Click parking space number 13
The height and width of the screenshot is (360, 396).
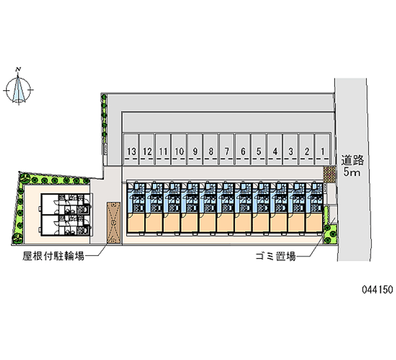pyautogui.click(x=131, y=149)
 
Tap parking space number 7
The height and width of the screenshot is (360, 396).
pyautogui.click(x=227, y=149)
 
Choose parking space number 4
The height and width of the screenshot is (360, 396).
pyautogui.click(x=275, y=149)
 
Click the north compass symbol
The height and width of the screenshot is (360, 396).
pyautogui.click(x=18, y=90)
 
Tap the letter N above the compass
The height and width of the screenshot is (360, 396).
pyautogui.click(x=18, y=69)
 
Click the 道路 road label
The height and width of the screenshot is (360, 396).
pyautogui.click(x=352, y=160)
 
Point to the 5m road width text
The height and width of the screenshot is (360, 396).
pyautogui.click(x=351, y=172)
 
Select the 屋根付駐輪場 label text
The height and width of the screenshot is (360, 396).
pyautogui.click(x=53, y=256)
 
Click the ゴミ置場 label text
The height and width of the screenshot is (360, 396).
pyautogui.click(x=275, y=257)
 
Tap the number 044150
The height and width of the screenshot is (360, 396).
pyautogui.click(x=377, y=290)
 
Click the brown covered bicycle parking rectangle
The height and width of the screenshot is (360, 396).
pyautogui.click(x=113, y=222)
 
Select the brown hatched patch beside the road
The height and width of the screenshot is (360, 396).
pyautogui.click(x=329, y=174)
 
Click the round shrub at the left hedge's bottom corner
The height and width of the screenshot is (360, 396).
pyautogui.click(x=17, y=238)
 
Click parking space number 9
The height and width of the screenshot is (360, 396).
pyautogui.click(x=195, y=149)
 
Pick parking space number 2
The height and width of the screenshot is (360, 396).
pyautogui.click(x=306, y=149)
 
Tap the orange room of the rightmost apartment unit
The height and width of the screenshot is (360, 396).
pyautogui.click(x=314, y=222)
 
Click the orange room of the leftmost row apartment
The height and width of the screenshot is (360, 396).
pyautogui.click(x=136, y=222)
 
